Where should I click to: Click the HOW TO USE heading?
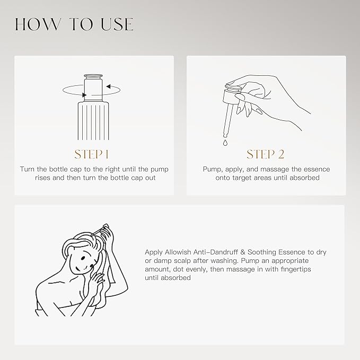[74, 24]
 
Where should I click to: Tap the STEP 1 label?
[91, 154]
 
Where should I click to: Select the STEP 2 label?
[266, 154]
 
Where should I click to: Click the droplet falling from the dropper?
[225, 143]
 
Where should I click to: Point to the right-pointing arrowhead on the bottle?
[84, 95]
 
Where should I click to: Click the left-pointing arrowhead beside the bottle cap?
[109, 86]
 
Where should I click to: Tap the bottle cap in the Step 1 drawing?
[93, 87]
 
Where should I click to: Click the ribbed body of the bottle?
[93, 121]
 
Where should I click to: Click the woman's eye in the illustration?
[83, 258]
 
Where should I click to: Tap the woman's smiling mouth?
[85, 267]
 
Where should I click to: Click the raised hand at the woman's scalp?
[110, 234]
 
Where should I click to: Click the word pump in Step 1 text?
[160, 170]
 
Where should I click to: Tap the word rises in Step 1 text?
[42, 178]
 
